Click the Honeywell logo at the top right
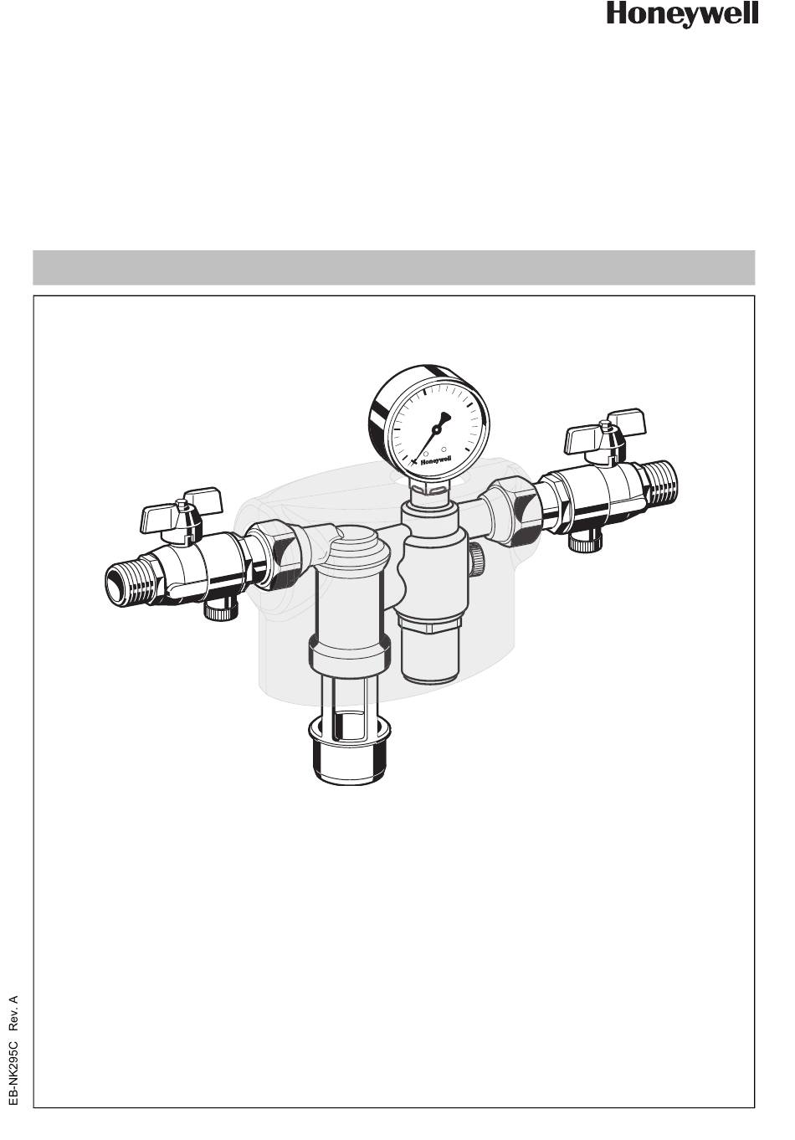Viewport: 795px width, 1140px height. tap(682, 14)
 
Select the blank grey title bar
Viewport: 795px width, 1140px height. tap(393, 267)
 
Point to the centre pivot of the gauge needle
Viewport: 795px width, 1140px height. tap(435, 430)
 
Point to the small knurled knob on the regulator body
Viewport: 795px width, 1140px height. tap(477, 559)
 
